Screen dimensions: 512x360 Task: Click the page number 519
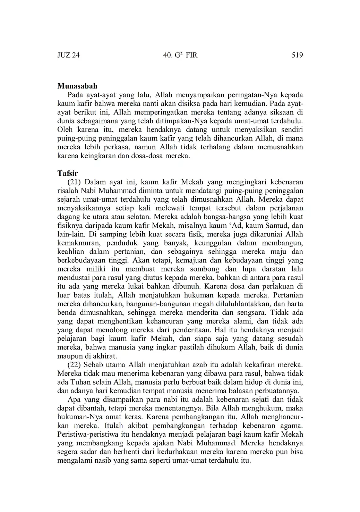click(297, 55)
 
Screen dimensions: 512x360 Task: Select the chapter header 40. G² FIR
click(180, 55)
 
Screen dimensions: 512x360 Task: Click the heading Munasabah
click(77, 86)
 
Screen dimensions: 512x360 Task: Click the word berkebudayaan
click(80, 260)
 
